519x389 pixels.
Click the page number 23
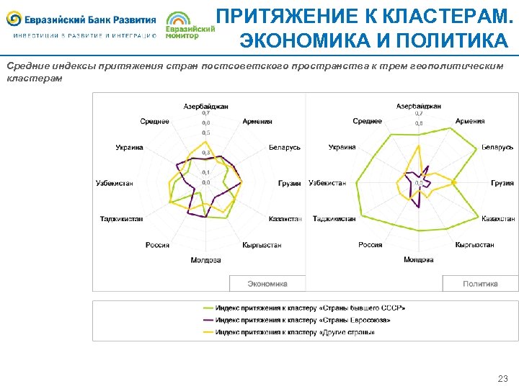pyautogui.click(x=502, y=378)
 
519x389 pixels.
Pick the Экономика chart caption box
pyautogui.click(x=267, y=284)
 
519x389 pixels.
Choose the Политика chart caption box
pyautogui.click(x=480, y=284)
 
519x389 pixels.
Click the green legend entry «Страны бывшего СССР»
pyautogui.click(x=310, y=308)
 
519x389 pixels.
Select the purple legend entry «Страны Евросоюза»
pyautogui.click(x=303, y=320)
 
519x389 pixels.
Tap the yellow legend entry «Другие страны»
pyautogui.click(x=295, y=332)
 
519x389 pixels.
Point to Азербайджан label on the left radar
pyautogui.click(x=205, y=106)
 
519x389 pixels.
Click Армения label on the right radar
pyautogui.click(x=470, y=122)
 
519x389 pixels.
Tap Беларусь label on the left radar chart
pyautogui.click(x=285, y=148)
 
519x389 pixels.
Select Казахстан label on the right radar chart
pyautogui.click(x=498, y=218)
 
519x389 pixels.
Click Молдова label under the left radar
pyautogui.click(x=205, y=259)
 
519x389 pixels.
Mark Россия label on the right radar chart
pyautogui.click(x=371, y=245)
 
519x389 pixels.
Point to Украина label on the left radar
pyautogui.click(x=129, y=148)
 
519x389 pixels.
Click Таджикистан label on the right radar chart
pyautogui.click(x=334, y=218)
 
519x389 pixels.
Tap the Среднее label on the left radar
pyautogui.click(x=155, y=122)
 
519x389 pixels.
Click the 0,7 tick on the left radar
pyautogui.click(x=206, y=113)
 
